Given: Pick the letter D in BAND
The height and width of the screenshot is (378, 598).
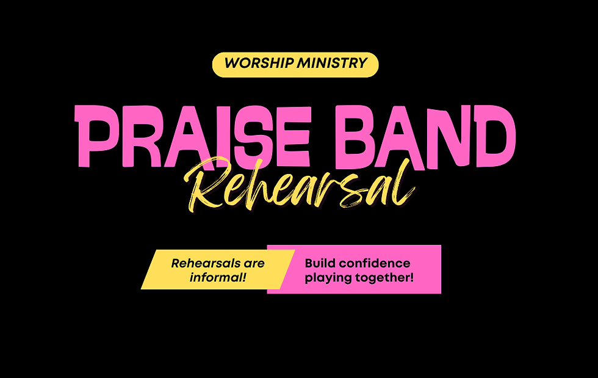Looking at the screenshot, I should point(493,135).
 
